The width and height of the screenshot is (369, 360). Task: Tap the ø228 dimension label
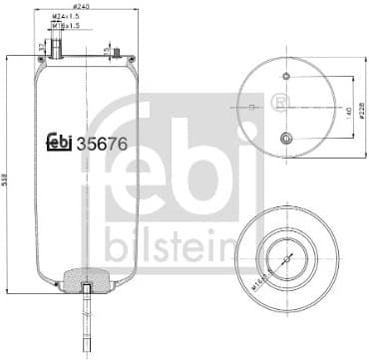[361, 110]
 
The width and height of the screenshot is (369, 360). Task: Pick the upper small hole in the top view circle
[285, 77]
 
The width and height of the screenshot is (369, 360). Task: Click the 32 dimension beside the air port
[41, 48]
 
